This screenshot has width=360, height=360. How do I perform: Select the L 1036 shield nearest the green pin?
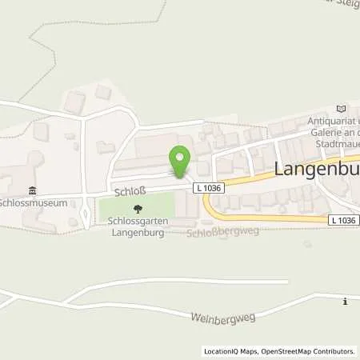point(208,187)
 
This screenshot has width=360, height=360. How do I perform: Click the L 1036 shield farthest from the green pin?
point(343,218)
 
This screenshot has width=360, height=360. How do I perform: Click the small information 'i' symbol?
point(344,302)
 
